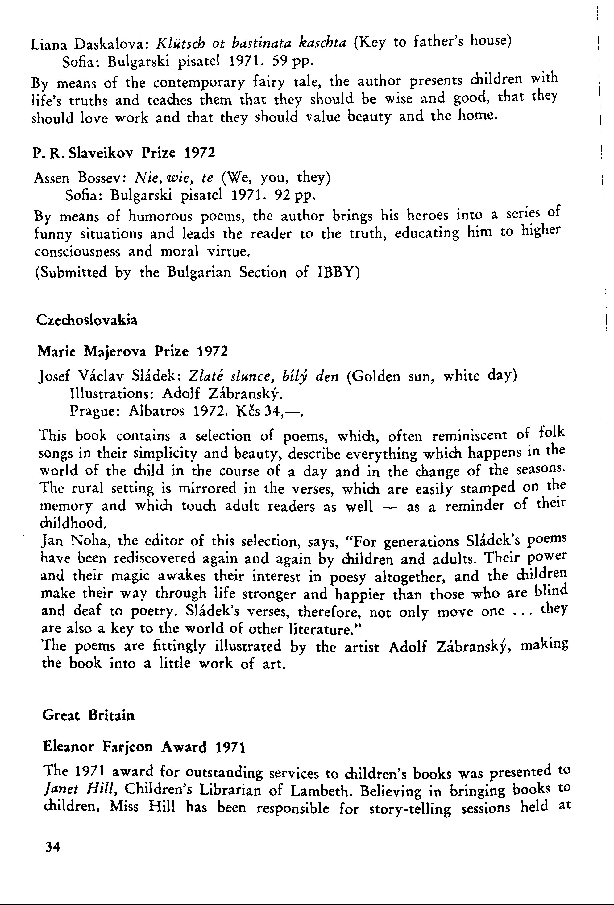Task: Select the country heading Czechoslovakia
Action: pos(86,320)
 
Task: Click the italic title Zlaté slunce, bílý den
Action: pos(263,376)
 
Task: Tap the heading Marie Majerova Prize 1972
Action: pos(132,352)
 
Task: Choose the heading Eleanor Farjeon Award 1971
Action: pos(144,747)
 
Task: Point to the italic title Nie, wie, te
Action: pos(174,178)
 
